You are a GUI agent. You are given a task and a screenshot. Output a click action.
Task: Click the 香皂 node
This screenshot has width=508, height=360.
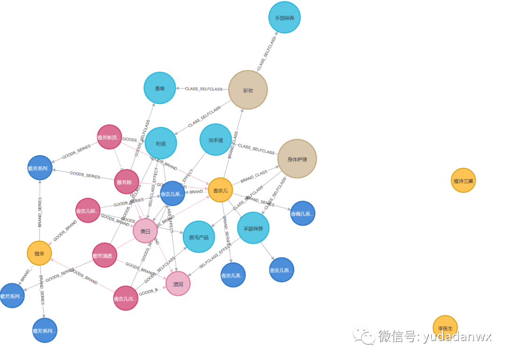(x=159, y=88)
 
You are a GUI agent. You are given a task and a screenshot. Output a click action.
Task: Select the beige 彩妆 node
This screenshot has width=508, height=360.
(x=248, y=90)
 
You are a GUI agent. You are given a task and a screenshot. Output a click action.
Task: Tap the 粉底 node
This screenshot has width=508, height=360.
(x=161, y=143)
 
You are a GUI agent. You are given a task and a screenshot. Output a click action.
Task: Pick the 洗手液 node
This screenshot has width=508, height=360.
(x=215, y=140)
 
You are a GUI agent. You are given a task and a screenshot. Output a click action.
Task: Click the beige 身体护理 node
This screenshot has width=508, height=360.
(x=297, y=159)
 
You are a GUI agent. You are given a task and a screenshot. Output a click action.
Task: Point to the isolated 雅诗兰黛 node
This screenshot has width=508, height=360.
(x=463, y=180)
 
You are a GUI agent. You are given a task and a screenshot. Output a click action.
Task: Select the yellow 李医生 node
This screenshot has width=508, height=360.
(x=445, y=328)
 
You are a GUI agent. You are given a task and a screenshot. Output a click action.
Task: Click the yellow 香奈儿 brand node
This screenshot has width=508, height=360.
(x=220, y=190)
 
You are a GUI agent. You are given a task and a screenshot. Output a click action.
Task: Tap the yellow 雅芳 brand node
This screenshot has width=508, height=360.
(x=39, y=253)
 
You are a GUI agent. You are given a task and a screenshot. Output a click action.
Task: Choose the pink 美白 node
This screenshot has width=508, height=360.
(x=145, y=231)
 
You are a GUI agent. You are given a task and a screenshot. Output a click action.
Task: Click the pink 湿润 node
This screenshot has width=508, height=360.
(x=178, y=284)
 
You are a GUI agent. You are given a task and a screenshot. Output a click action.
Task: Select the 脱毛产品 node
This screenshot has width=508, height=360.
(x=198, y=237)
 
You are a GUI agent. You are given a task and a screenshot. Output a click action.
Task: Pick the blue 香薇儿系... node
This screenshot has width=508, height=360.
(x=302, y=213)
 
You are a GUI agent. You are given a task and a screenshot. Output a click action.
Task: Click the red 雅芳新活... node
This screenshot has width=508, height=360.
(x=109, y=137)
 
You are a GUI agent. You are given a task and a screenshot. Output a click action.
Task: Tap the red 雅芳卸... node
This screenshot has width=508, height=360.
(x=127, y=181)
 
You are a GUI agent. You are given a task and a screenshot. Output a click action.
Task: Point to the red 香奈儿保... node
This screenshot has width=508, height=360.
(x=88, y=211)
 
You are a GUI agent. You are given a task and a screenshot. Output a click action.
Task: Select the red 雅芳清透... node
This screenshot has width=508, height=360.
(x=104, y=255)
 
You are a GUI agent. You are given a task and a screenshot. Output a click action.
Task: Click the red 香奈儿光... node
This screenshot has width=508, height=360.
(x=126, y=298)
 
